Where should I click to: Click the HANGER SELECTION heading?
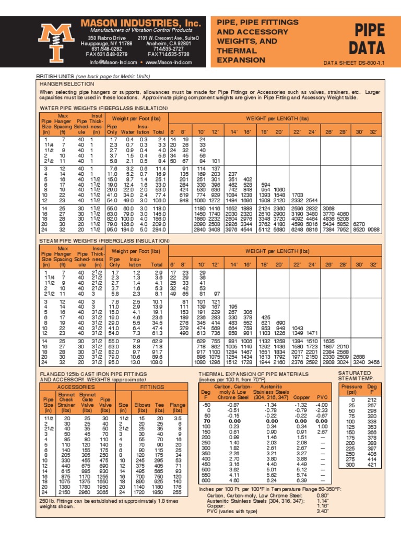[x=64, y=83]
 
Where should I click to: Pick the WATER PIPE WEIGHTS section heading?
[x=104, y=108]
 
